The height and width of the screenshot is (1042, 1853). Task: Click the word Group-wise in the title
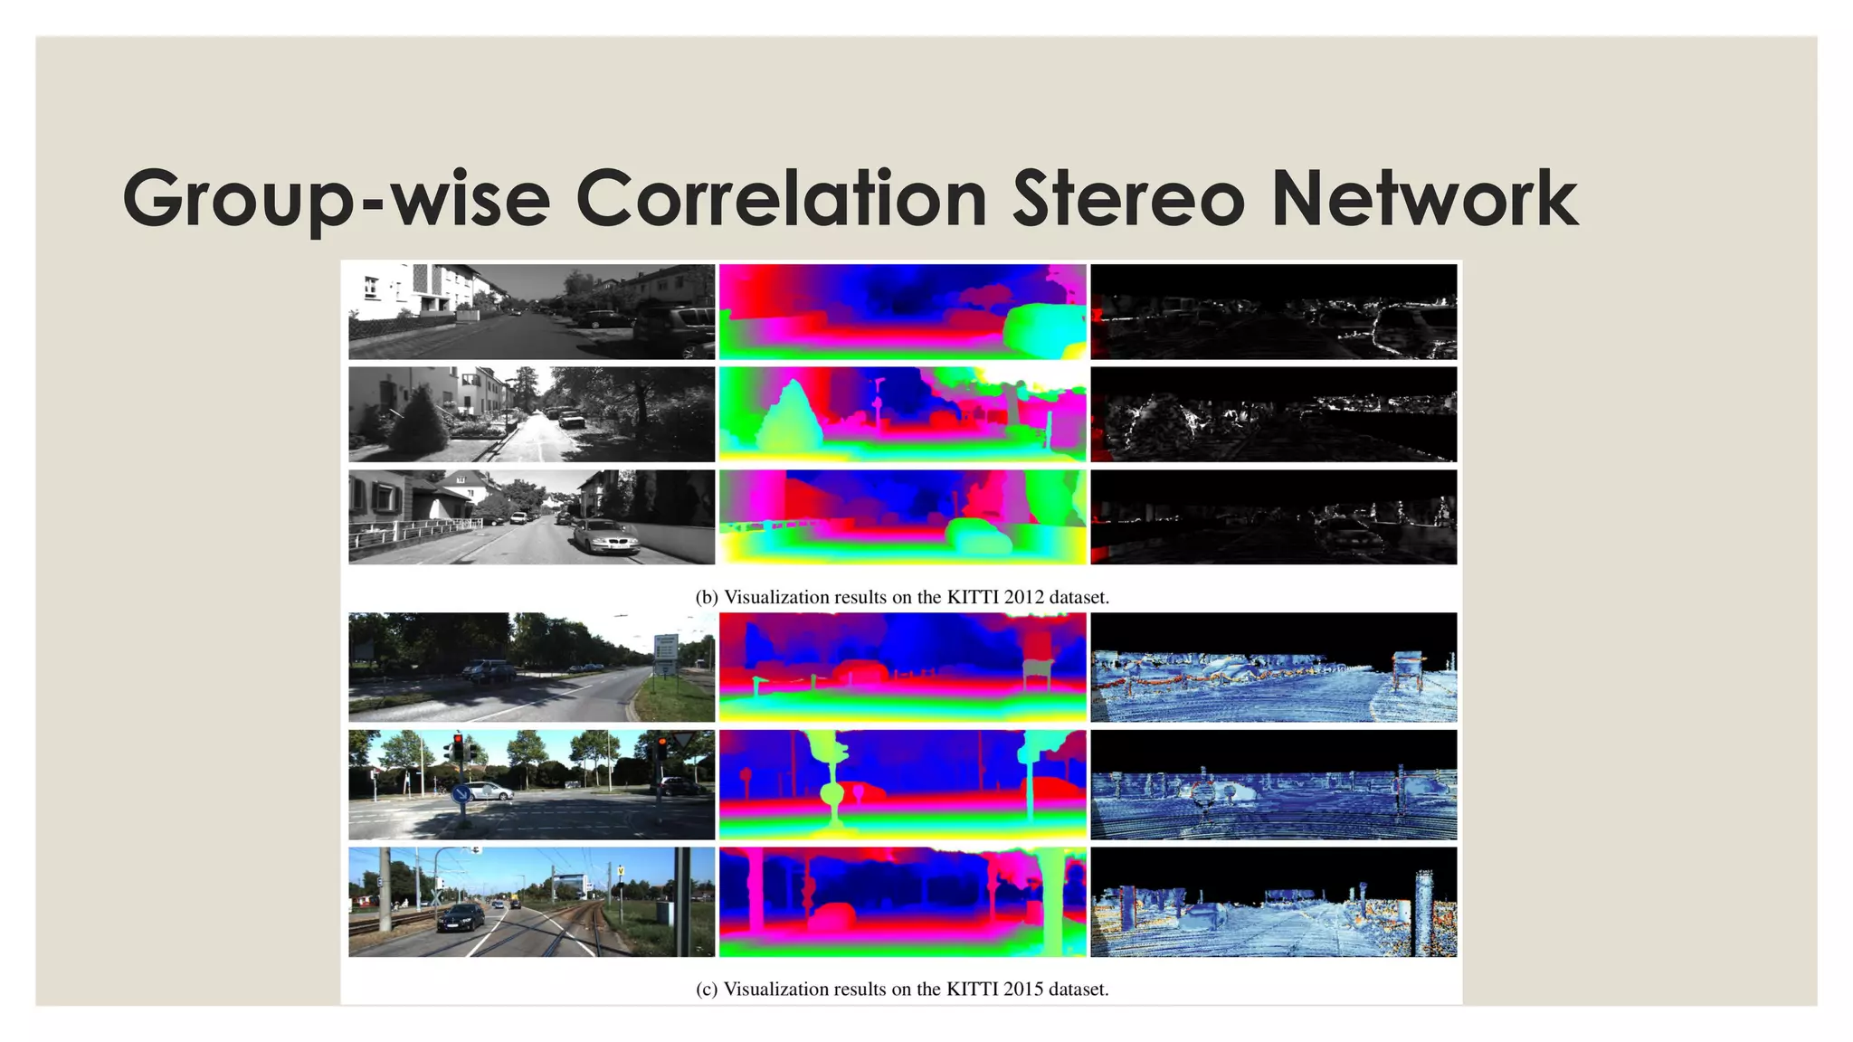coord(336,199)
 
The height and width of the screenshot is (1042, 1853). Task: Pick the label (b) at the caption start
coord(707,598)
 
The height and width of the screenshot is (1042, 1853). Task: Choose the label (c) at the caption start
coord(707,990)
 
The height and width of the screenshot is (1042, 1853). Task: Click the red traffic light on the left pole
coord(458,747)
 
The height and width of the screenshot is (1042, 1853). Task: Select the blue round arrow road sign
coord(461,795)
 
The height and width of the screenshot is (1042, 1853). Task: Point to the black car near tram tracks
coord(460,918)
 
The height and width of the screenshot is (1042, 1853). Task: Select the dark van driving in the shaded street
coord(488,670)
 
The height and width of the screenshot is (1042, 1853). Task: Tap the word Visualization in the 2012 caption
coord(776,598)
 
